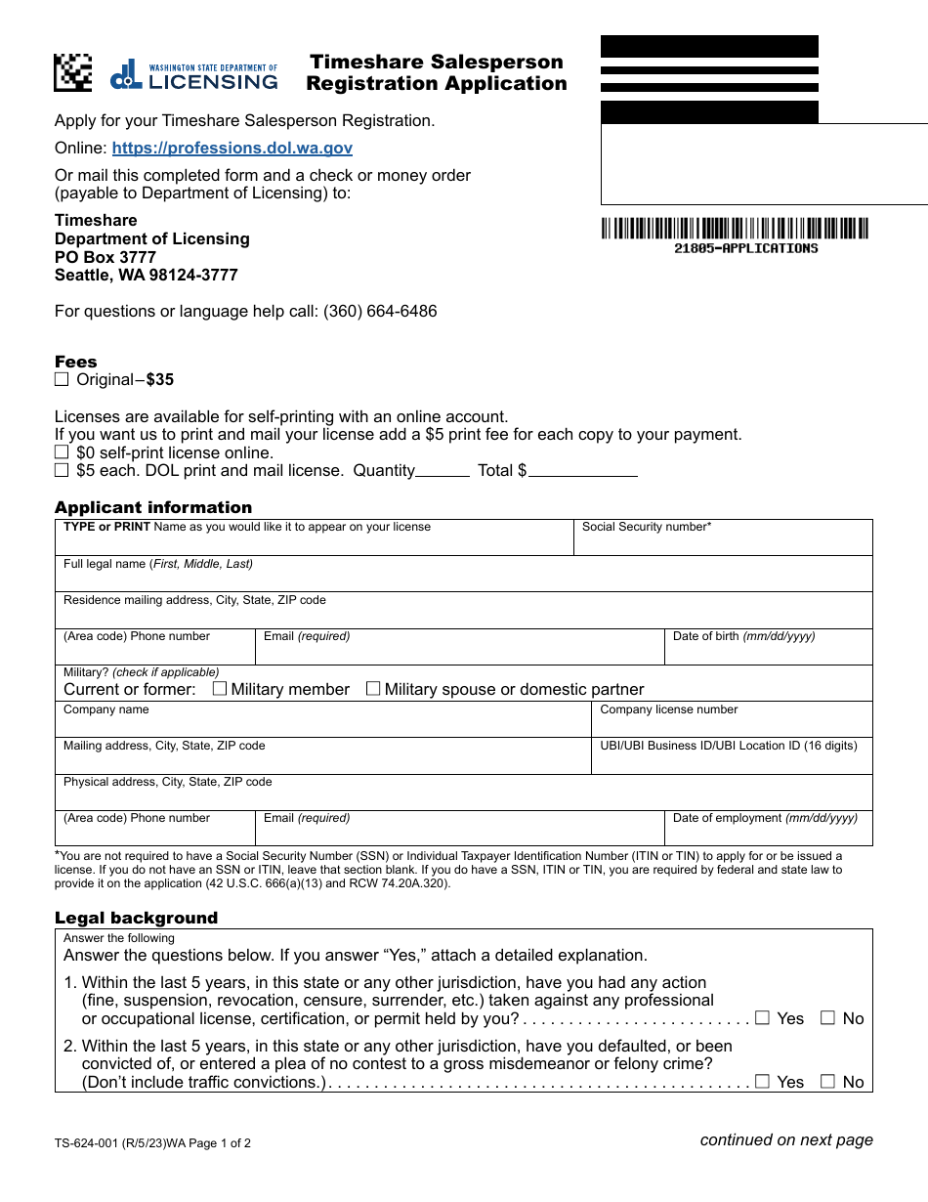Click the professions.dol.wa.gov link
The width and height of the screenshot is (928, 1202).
(x=232, y=149)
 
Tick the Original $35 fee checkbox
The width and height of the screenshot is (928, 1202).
(x=62, y=379)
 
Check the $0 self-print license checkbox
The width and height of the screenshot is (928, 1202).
(x=62, y=452)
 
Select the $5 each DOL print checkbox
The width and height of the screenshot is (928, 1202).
(x=62, y=470)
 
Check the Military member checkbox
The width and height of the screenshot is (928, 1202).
(x=220, y=689)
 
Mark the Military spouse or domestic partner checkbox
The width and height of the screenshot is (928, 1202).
(x=373, y=689)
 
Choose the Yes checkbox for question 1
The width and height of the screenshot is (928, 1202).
(x=763, y=1018)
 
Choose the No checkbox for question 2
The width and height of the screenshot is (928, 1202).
(x=828, y=1082)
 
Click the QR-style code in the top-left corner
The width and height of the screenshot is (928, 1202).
(x=72, y=72)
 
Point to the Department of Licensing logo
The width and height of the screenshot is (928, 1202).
(x=194, y=75)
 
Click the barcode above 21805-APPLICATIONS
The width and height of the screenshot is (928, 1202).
(x=734, y=229)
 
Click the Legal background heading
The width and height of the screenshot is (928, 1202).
(x=136, y=918)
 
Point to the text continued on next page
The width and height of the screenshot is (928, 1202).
(x=785, y=1139)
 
